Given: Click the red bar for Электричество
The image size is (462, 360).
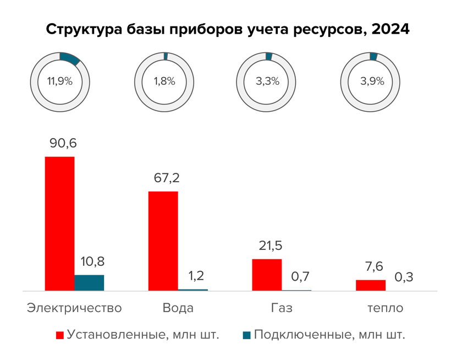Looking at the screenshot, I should (59, 223).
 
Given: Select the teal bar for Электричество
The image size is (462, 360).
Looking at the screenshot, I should (89, 282).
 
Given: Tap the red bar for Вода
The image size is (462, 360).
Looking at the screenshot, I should (163, 241).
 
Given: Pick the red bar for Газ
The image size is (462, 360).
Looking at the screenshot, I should (267, 274).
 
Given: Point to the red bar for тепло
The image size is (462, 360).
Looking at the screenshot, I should (371, 285).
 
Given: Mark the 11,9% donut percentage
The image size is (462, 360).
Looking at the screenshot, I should (60, 81).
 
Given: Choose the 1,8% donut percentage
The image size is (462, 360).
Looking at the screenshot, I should (164, 81).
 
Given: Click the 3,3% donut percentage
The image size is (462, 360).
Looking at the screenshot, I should (268, 81).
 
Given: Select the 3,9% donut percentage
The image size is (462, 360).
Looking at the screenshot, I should (372, 81).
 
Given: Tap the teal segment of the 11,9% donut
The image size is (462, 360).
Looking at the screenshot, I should (70, 58).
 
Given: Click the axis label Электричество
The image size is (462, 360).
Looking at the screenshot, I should (74, 308).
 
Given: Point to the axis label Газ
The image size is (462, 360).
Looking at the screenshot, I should (281, 308).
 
